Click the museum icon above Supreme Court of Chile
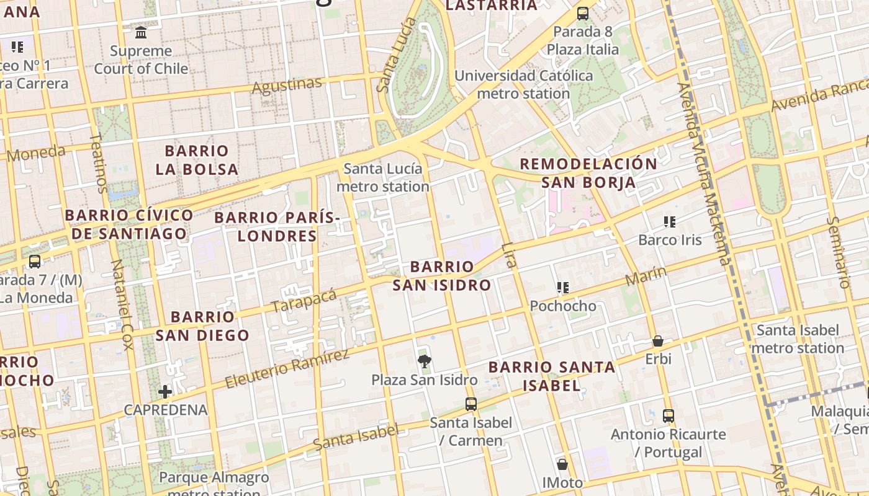point(141,32)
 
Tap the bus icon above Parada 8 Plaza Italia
point(582,13)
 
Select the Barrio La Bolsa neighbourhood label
point(197,160)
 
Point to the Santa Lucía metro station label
point(383,177)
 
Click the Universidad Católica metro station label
point(523,85)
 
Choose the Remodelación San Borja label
point(588,173)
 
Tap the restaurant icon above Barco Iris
point(669,221)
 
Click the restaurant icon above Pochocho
point(562,288)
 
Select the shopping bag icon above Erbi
point(658,341)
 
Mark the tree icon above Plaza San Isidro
point(425,361)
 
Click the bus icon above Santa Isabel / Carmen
point(471,404)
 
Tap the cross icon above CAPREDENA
point(165,391)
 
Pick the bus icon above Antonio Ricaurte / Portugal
point(668,415)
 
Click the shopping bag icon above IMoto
point(562,464)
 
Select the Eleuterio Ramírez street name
point(287,369)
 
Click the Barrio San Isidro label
point(441,276)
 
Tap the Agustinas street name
point(287,85)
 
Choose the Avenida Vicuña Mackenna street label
point(705,174)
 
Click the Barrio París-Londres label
point(277,226)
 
